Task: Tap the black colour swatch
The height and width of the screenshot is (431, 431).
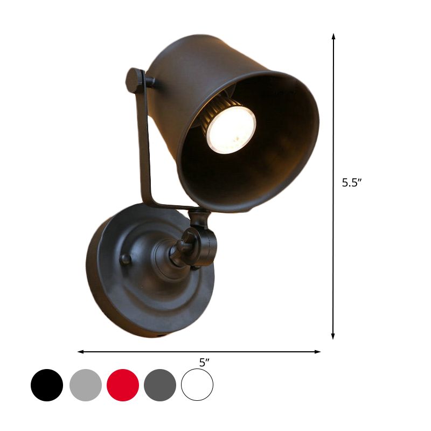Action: pos(47,385)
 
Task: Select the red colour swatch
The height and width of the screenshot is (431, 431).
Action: pos(123,385)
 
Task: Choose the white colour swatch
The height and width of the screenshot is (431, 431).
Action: pos(197,385)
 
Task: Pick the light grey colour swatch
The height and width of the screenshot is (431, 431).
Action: pos(86,385)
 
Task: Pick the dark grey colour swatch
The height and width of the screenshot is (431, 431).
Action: pos(160,385)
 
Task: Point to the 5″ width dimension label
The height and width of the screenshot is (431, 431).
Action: pos(204,363)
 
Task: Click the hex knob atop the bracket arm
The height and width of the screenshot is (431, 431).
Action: pos(135,78)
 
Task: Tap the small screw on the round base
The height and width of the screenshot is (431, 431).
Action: pos(124,259)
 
